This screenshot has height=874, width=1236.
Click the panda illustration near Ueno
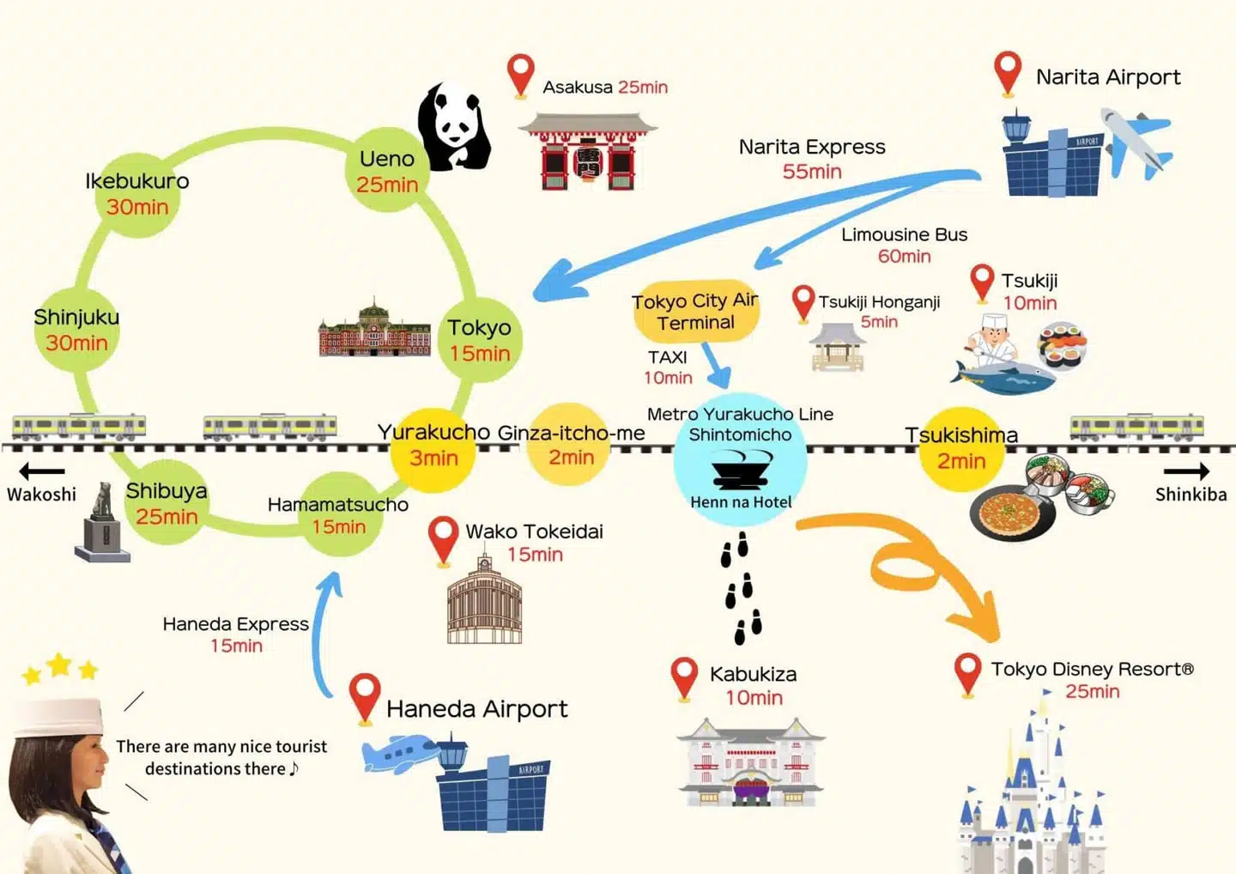[x=453, y=127]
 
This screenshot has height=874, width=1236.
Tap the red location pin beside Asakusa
[x=520, y=73]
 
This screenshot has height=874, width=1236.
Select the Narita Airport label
[x=1107, y=77]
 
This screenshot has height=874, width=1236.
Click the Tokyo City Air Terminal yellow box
[x=696, y=311]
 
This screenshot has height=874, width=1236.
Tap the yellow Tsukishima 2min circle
[x=961, y=450]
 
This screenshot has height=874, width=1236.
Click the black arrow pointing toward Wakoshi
[x=42, y=470]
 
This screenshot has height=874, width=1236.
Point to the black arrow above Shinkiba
[x=1186, y=470]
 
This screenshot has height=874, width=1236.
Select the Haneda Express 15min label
[x=236, y=634]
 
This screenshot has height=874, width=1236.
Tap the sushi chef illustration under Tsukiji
[x=991, y=343]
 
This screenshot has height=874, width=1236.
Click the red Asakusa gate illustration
[x=588, y=152]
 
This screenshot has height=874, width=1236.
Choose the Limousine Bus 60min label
[x=904, y=245]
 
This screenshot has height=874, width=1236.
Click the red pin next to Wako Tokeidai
[x=443, y=537]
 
